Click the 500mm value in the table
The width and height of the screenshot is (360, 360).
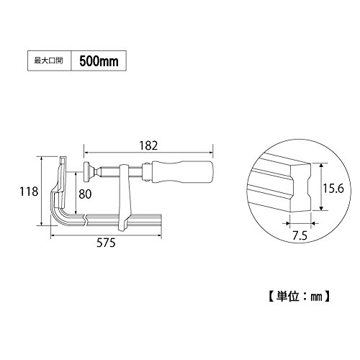coord(99,61)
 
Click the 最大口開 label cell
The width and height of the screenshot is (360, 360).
coord(49,60)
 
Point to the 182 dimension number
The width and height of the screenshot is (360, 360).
coord(148,146)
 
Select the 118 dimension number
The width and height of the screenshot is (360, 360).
coord(29,192)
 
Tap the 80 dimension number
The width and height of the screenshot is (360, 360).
coord(85,194)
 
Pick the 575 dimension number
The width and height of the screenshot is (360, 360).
coord(106,243)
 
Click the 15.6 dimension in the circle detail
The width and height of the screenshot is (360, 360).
coord(333,189)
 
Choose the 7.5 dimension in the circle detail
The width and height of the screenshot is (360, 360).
coord(300,236)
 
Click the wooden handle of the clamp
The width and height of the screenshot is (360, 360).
coord(182,172)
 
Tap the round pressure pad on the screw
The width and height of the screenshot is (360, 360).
coord(86,172)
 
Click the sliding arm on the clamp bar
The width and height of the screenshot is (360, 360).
coord(125,197)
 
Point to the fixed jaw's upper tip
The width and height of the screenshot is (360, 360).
coord(62,158)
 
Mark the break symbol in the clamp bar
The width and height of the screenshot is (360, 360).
coord(85,220)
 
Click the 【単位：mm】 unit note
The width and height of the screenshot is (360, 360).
coord(299,297)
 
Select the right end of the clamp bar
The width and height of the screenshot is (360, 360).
coord(161,220)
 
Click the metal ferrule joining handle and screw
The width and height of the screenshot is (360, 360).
coord(147,172)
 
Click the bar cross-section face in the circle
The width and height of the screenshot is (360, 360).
coord(301,188)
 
